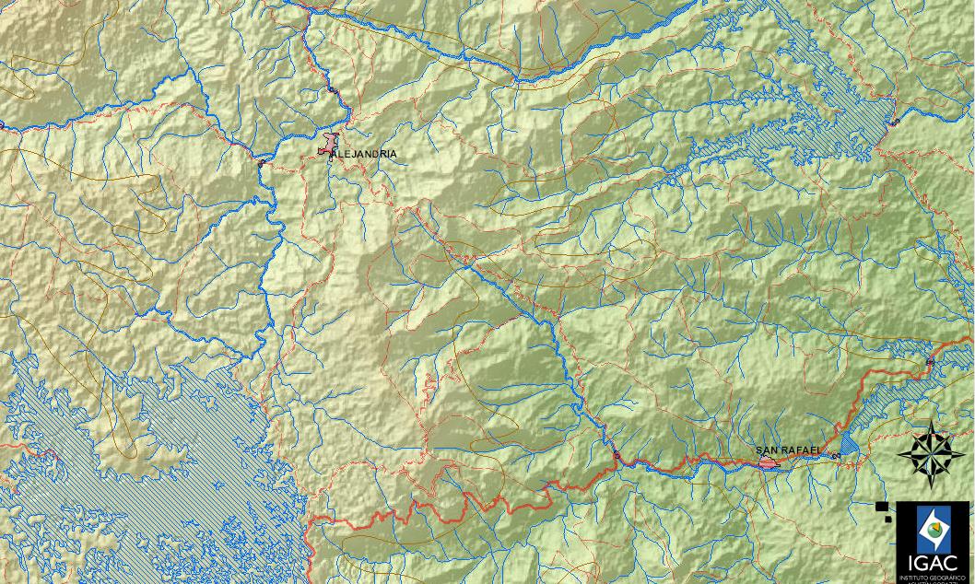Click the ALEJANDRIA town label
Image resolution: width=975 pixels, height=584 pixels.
tap(367, 154)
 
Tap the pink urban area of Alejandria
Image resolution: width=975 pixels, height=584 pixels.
tap(327, 146)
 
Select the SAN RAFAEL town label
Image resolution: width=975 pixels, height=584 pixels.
tap(788, 450)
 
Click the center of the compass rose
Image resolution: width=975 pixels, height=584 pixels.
tap(932, 453)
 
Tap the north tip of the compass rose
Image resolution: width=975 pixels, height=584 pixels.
tap(932, 422)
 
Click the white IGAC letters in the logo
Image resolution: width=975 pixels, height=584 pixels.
tap(934, 563)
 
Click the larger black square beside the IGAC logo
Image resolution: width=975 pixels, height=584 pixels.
tap(882, 506)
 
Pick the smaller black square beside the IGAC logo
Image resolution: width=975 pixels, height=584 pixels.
tap(888, 518)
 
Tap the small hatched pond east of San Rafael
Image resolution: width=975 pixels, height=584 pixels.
tap(849, 445)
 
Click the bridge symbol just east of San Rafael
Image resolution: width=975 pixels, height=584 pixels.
tap(836, 456)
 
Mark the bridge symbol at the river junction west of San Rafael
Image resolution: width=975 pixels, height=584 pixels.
tap(617, 455)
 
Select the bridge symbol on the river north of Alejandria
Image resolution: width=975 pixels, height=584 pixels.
tap(332, 89)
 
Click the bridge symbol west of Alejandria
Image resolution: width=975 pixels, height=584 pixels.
tap(262, 162)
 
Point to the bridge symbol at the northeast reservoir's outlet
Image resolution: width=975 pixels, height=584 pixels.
tap(894, 122)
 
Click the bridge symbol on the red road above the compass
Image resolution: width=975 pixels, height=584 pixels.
tap(929, 362)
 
